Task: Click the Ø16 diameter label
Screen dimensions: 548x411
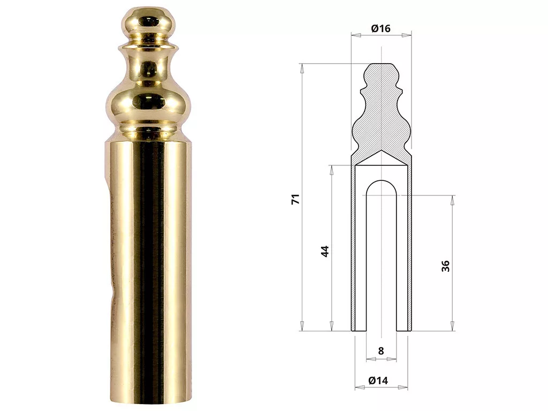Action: tap(380, 28)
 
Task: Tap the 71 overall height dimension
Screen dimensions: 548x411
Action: tap(295, 199)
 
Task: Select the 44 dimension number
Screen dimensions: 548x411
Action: tap(325, 252)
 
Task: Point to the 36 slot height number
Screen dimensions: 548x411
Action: tap(446, 266)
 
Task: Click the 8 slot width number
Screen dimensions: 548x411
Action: tap(381, 351)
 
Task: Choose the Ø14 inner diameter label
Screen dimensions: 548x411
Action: tap(378, 380)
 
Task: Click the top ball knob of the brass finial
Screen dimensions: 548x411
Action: tap(148, 22)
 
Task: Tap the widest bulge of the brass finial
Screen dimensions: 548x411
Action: tap(148, 104)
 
